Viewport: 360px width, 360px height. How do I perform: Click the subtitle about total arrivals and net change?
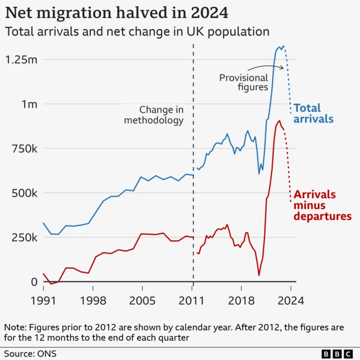click(137, 31)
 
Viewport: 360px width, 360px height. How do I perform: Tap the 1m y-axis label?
click(29, 104)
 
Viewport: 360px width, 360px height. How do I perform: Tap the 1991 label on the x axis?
click(43, 300)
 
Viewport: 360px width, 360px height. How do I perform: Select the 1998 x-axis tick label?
click(93, 300)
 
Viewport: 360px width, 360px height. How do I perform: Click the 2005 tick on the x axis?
click(142, 300)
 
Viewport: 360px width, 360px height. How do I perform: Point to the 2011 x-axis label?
click(193, 300)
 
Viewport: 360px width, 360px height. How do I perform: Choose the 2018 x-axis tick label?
click(241, 300)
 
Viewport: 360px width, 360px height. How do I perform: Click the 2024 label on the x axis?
click(290, 300)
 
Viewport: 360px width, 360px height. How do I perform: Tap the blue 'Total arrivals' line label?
click(314, 113)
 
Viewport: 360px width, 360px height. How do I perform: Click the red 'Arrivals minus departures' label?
click(323, 205)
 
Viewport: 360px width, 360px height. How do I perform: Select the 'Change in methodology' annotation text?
click(161, 115)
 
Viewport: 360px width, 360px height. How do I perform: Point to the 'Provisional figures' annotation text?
click(244, 83)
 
